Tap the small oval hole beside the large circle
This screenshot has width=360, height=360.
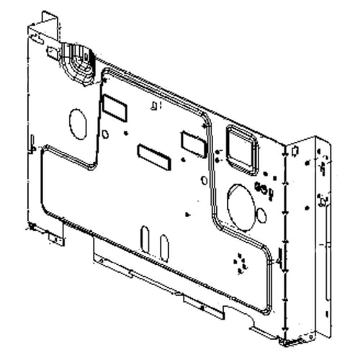click(261, 215)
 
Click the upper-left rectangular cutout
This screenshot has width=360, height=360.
click(114, 107)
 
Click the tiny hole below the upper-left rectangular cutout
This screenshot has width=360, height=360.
click(105, 133)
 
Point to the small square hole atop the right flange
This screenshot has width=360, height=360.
click(294, 149)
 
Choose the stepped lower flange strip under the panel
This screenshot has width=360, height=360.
click(166, 277)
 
